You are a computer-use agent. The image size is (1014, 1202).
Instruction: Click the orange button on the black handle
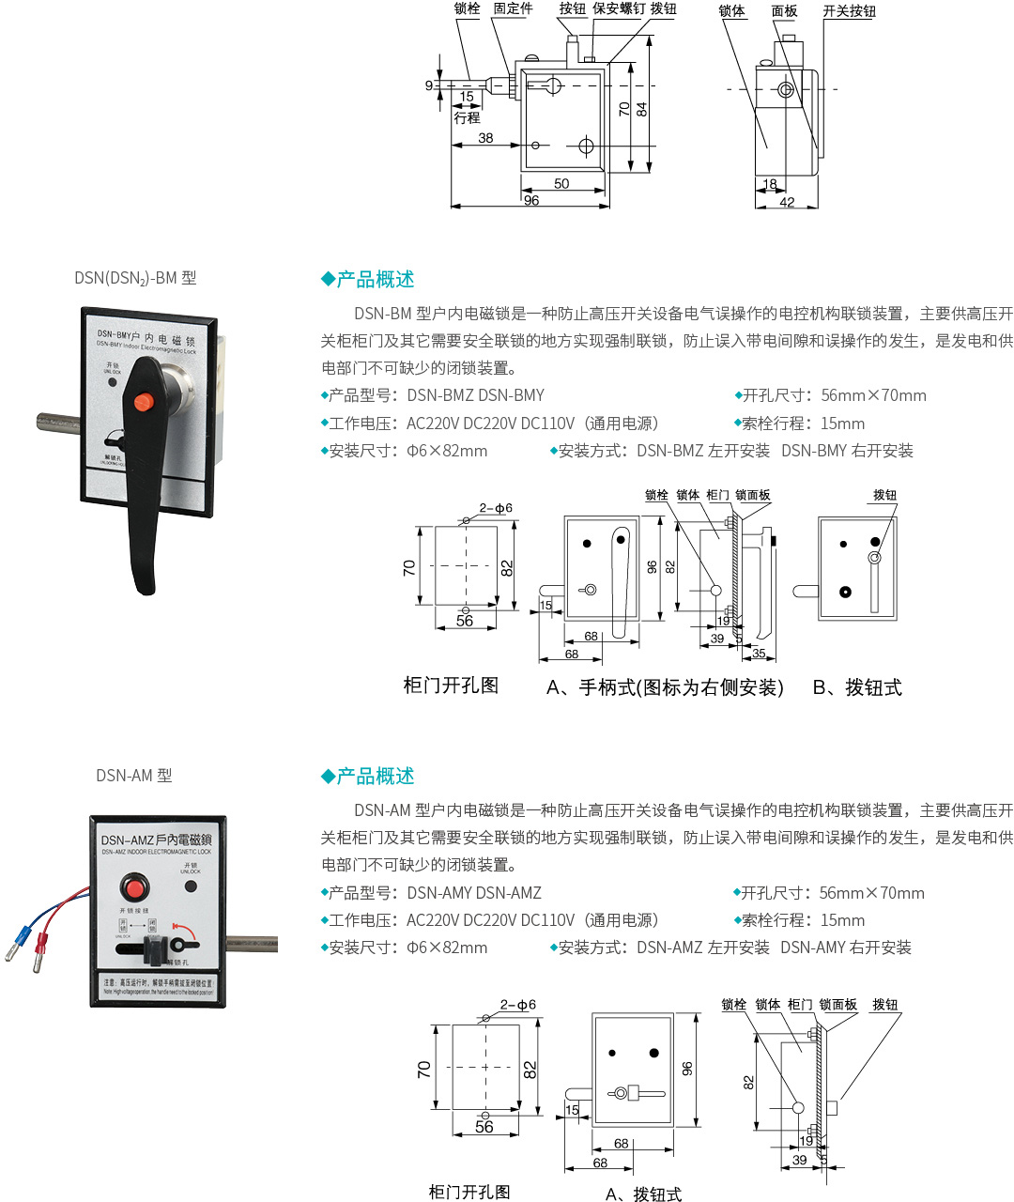pyautogui.click(x=143, y=403)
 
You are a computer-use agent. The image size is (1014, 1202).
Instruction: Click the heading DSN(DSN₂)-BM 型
pyautogui.click(x=135, y=278)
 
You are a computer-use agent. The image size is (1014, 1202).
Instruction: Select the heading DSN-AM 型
pyautogui.click(x=134, y=776)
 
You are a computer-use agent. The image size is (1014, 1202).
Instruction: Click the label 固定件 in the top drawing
pyautogui.click(x=513, y=8)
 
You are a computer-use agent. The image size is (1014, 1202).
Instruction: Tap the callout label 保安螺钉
pyautogui.click(x=619, y=8)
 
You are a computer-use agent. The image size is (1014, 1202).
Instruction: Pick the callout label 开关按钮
pyautogui.click(x=849, y=11)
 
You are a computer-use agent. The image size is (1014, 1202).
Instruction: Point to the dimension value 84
pyautogui.click(x=642, y=109)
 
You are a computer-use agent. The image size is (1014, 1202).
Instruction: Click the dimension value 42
pyautogui.click(x=787, y=202)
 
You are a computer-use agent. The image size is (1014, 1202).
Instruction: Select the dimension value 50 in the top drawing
pyautogui.click(x=561, y=184)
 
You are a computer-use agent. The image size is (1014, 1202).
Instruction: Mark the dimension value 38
pyautogui.click(x=485, y=138)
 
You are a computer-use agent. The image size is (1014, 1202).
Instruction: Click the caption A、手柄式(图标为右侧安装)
pyautogui.click(x=665, y=687)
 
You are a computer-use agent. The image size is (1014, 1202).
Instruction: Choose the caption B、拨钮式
pyautogui.click(x=856, y=687)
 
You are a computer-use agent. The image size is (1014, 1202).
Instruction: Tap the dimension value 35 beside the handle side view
pyautogui.click(x=759, y=654)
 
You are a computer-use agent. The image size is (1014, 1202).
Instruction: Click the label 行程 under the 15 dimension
pyautogui.click(x=467, y=118)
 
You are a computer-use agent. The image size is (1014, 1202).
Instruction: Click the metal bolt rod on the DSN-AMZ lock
pyautogui.click(x=252, y=944)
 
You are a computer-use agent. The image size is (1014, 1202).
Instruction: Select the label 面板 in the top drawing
pyautogui.click(x=784, y=11)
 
